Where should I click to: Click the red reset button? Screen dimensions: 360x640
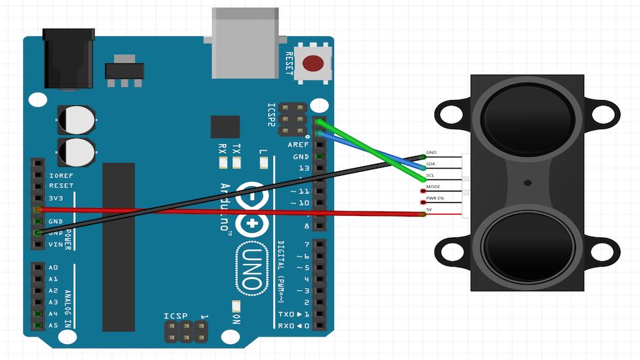[312, 63]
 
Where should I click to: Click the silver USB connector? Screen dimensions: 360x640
[244, 43]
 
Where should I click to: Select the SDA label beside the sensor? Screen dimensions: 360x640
[431, 163]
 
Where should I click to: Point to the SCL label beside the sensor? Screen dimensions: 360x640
[431, 175]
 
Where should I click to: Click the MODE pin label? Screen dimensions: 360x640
[433, 187]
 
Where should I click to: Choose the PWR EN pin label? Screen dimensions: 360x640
[435, 198]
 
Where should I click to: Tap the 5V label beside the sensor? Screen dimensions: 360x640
[430, 210]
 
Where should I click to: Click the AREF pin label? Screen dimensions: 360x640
[298, 145]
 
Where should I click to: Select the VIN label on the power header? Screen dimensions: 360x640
[56, 245]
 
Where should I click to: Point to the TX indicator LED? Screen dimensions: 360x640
[236, 163]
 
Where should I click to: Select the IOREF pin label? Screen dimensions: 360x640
[61, 175]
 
